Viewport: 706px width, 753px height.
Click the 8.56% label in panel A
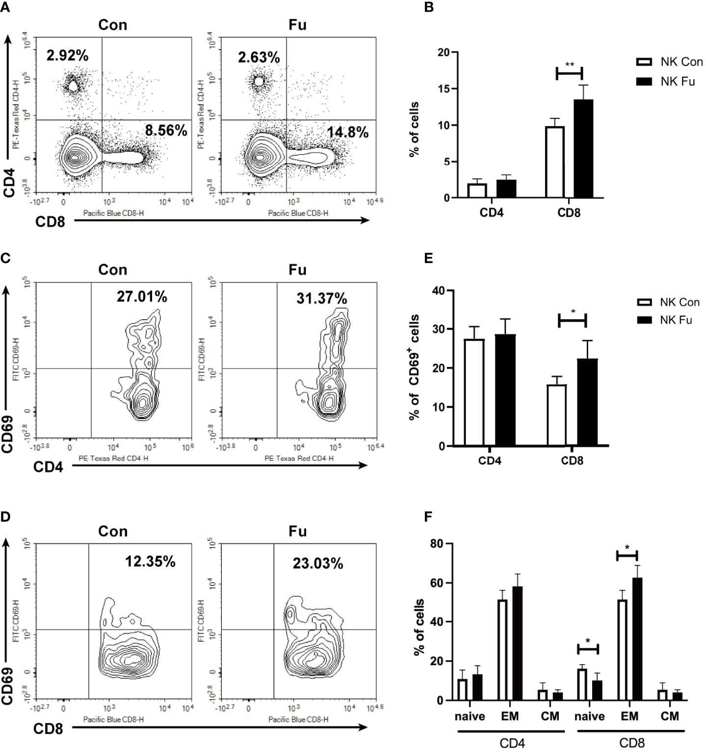166,130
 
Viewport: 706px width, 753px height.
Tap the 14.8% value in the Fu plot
348,132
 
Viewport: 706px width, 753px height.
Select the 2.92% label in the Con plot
67,56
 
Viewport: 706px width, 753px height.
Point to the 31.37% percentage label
321,298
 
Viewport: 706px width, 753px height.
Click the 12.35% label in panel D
150,561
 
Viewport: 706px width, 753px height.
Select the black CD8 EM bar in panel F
637,639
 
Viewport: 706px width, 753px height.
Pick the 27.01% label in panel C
141,297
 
